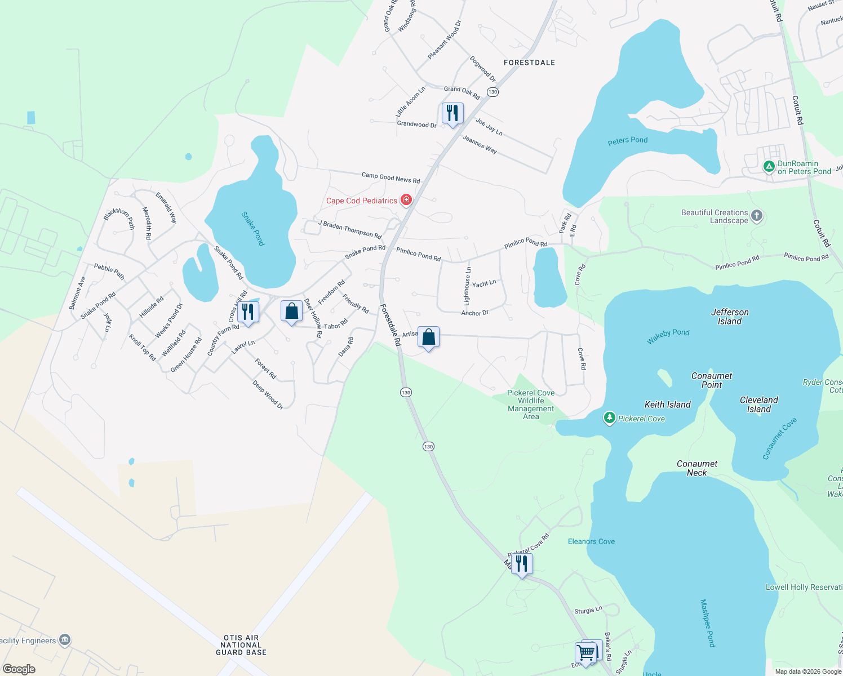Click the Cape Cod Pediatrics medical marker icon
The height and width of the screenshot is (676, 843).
pyautogui.click(x=406, y=200)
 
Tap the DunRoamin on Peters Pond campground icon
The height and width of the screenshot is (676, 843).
pyautogui.click(x=769, y=167)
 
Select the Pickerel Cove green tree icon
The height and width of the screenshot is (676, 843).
pyautogui.click(x=609, y=418)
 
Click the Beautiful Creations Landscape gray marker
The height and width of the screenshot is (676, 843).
pyautogui.click(x=757, y=216)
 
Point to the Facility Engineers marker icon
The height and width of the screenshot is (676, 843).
pyautogui.click(x=65, y=640)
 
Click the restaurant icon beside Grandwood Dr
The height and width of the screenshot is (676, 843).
pyautogui.click(x=452, y=113)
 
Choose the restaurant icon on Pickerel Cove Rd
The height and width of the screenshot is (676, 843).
pyautogui.click(x=522, y=563)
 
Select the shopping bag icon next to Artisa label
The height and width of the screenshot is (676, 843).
pyautogui.click(x=429, y=337)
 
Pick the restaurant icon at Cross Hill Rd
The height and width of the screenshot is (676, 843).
pyautogui.click(x=248, y=312)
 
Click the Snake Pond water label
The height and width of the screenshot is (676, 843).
pyautogui.click(x=253, y=228)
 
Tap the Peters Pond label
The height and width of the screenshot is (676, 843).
pyautogui.click(x=628, y=140)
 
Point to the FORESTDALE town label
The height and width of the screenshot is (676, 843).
pyautogui.click(x=529, y=63)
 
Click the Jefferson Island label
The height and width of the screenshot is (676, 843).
pyautogui.click(x=730, y=317)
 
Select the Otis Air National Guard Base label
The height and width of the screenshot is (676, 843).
pyautogui.click(x=241, y=645)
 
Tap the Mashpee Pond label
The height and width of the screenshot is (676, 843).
pyautogui.click(x=707, y=623)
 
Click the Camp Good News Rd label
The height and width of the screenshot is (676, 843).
pyautogui.click(x=391, y=178)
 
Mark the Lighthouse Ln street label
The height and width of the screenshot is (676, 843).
pyautogui.click(x=467, y=287)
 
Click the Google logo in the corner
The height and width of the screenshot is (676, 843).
pyautogui.click(x=19, y=669)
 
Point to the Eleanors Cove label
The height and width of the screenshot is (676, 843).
pyautogui.click(x=591, y=541)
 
